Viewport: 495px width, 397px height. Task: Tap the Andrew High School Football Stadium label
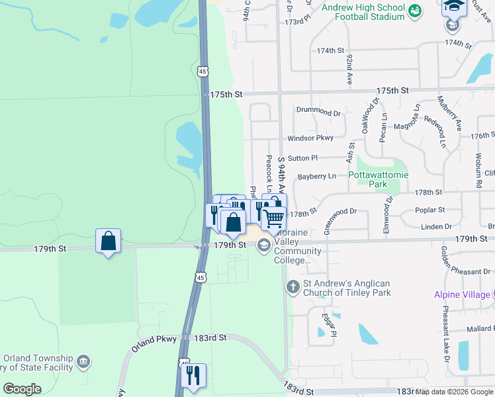click(363, 12)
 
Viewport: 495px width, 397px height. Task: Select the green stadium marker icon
click(414, 10)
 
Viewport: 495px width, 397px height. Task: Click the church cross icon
click(292, 287)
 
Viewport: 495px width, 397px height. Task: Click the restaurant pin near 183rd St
click(193, 375)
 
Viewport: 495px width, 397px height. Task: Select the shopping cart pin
click(274, 218)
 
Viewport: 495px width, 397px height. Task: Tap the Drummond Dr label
click(318, 112)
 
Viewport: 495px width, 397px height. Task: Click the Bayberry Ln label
click(316, 177)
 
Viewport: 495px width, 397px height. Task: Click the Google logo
click(22, 389)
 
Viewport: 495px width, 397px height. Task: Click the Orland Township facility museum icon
click(83, 361)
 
